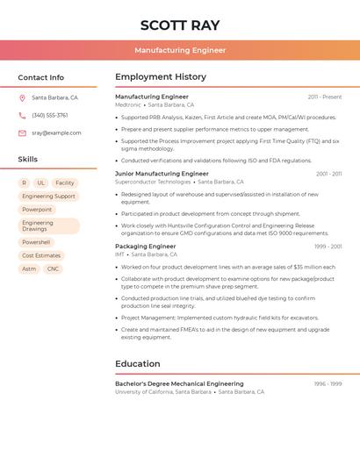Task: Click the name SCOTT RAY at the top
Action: [180, 25]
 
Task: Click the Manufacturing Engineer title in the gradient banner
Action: [180, 50]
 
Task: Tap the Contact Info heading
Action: [41, 77]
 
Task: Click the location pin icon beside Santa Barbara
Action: [22, 98]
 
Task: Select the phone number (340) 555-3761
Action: [49, 115]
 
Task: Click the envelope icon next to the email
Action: [22, 133]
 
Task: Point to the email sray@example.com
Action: [56, 133]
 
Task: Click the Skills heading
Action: [28, 160]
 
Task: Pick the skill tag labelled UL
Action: [40, 182]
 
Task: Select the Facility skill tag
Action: [65, 182]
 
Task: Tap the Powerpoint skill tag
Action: [37, 210]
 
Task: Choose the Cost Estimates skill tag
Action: [41, 255]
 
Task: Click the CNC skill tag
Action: [54, 268]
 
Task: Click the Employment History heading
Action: [161, 77]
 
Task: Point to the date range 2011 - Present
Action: [324, 97]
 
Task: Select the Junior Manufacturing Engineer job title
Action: [162, 174]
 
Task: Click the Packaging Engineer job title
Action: [145, 247]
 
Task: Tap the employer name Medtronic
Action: [127, 104]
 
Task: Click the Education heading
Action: [138, 363]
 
